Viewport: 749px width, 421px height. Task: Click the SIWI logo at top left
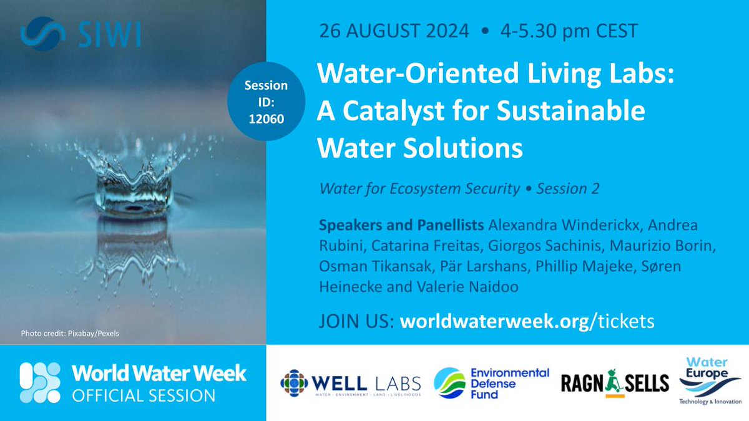coord(80,35)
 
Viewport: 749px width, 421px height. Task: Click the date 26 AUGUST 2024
coord(394,31)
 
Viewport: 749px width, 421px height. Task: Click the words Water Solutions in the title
coord(419,148)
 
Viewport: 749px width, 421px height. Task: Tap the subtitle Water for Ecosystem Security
coord(418,189)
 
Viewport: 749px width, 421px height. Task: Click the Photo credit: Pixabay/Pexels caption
coord(69,333)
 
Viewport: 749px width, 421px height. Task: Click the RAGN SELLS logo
coord(614,382)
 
